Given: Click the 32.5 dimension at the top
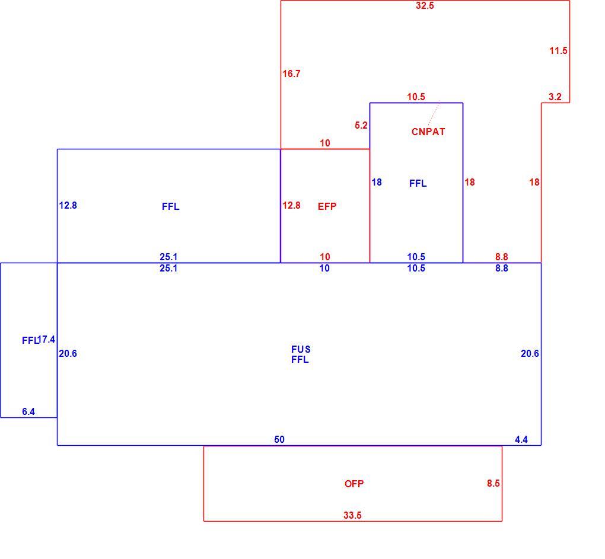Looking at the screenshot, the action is click(425, 6).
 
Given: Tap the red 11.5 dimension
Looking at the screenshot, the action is click(558, 50).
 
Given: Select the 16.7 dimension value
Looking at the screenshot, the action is click(291, 74).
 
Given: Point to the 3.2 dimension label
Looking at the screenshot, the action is click(555, 97).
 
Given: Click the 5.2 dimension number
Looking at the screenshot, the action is click(361, 125).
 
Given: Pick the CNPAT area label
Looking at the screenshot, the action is click(428, 132).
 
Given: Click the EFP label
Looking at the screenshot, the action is click(327, 207).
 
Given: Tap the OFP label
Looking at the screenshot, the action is click(354, 484).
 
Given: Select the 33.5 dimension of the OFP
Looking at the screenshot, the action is click(353, 515).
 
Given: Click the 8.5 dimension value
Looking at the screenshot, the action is click(493, 484).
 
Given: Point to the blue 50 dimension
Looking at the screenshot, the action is click(279, 439).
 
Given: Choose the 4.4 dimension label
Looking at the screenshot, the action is click(521, 439).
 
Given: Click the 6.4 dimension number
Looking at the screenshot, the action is click(28, 412).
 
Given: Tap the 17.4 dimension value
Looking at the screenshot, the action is click(47, 340).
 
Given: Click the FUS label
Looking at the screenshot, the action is click(301, 349).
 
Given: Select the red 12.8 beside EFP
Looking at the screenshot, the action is click(291, 206).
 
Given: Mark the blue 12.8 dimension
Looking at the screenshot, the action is click(68, 206).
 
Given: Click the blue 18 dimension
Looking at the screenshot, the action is click(377, 182).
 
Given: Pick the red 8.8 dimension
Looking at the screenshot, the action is click(502, 257).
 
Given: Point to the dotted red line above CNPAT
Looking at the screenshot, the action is click(434, 114).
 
